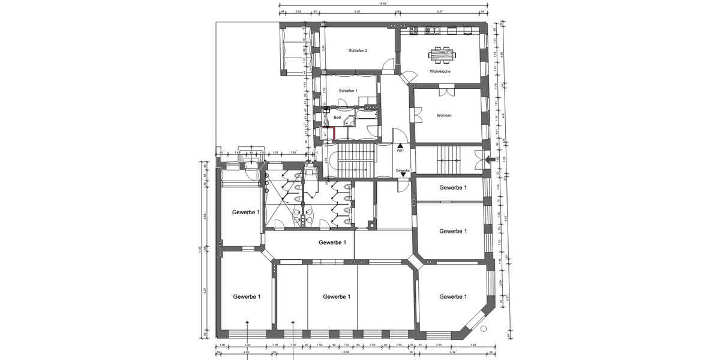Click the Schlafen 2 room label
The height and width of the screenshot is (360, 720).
pyautogui.click(x=358, y=51)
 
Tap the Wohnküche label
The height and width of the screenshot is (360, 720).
pyautogui.click(x=440, y=71)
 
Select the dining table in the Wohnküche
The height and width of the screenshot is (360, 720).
pyautogui.click(x=442, y=55)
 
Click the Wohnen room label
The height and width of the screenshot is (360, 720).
pyautogui.click(x=444, y=115)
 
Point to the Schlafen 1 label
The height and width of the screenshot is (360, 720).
pyautogui.click(x=348, y=91)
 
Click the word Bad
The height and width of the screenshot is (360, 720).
pyautogui.click(x=337, y=118)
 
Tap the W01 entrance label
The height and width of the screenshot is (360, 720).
pyautogui.click(x=400, y=151)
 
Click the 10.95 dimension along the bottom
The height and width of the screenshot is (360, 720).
pyautogui.click(x=346, y=353)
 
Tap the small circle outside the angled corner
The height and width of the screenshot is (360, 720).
pyautogui.click(x=483, y=329)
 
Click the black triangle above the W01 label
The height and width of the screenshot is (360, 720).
pyautogui.click(x=400, y=145)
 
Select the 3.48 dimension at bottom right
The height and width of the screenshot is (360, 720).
pyautogui.click(x=473, y=345)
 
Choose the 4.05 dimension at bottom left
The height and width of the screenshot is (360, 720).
pyautogui.click(x=247, y=353)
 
